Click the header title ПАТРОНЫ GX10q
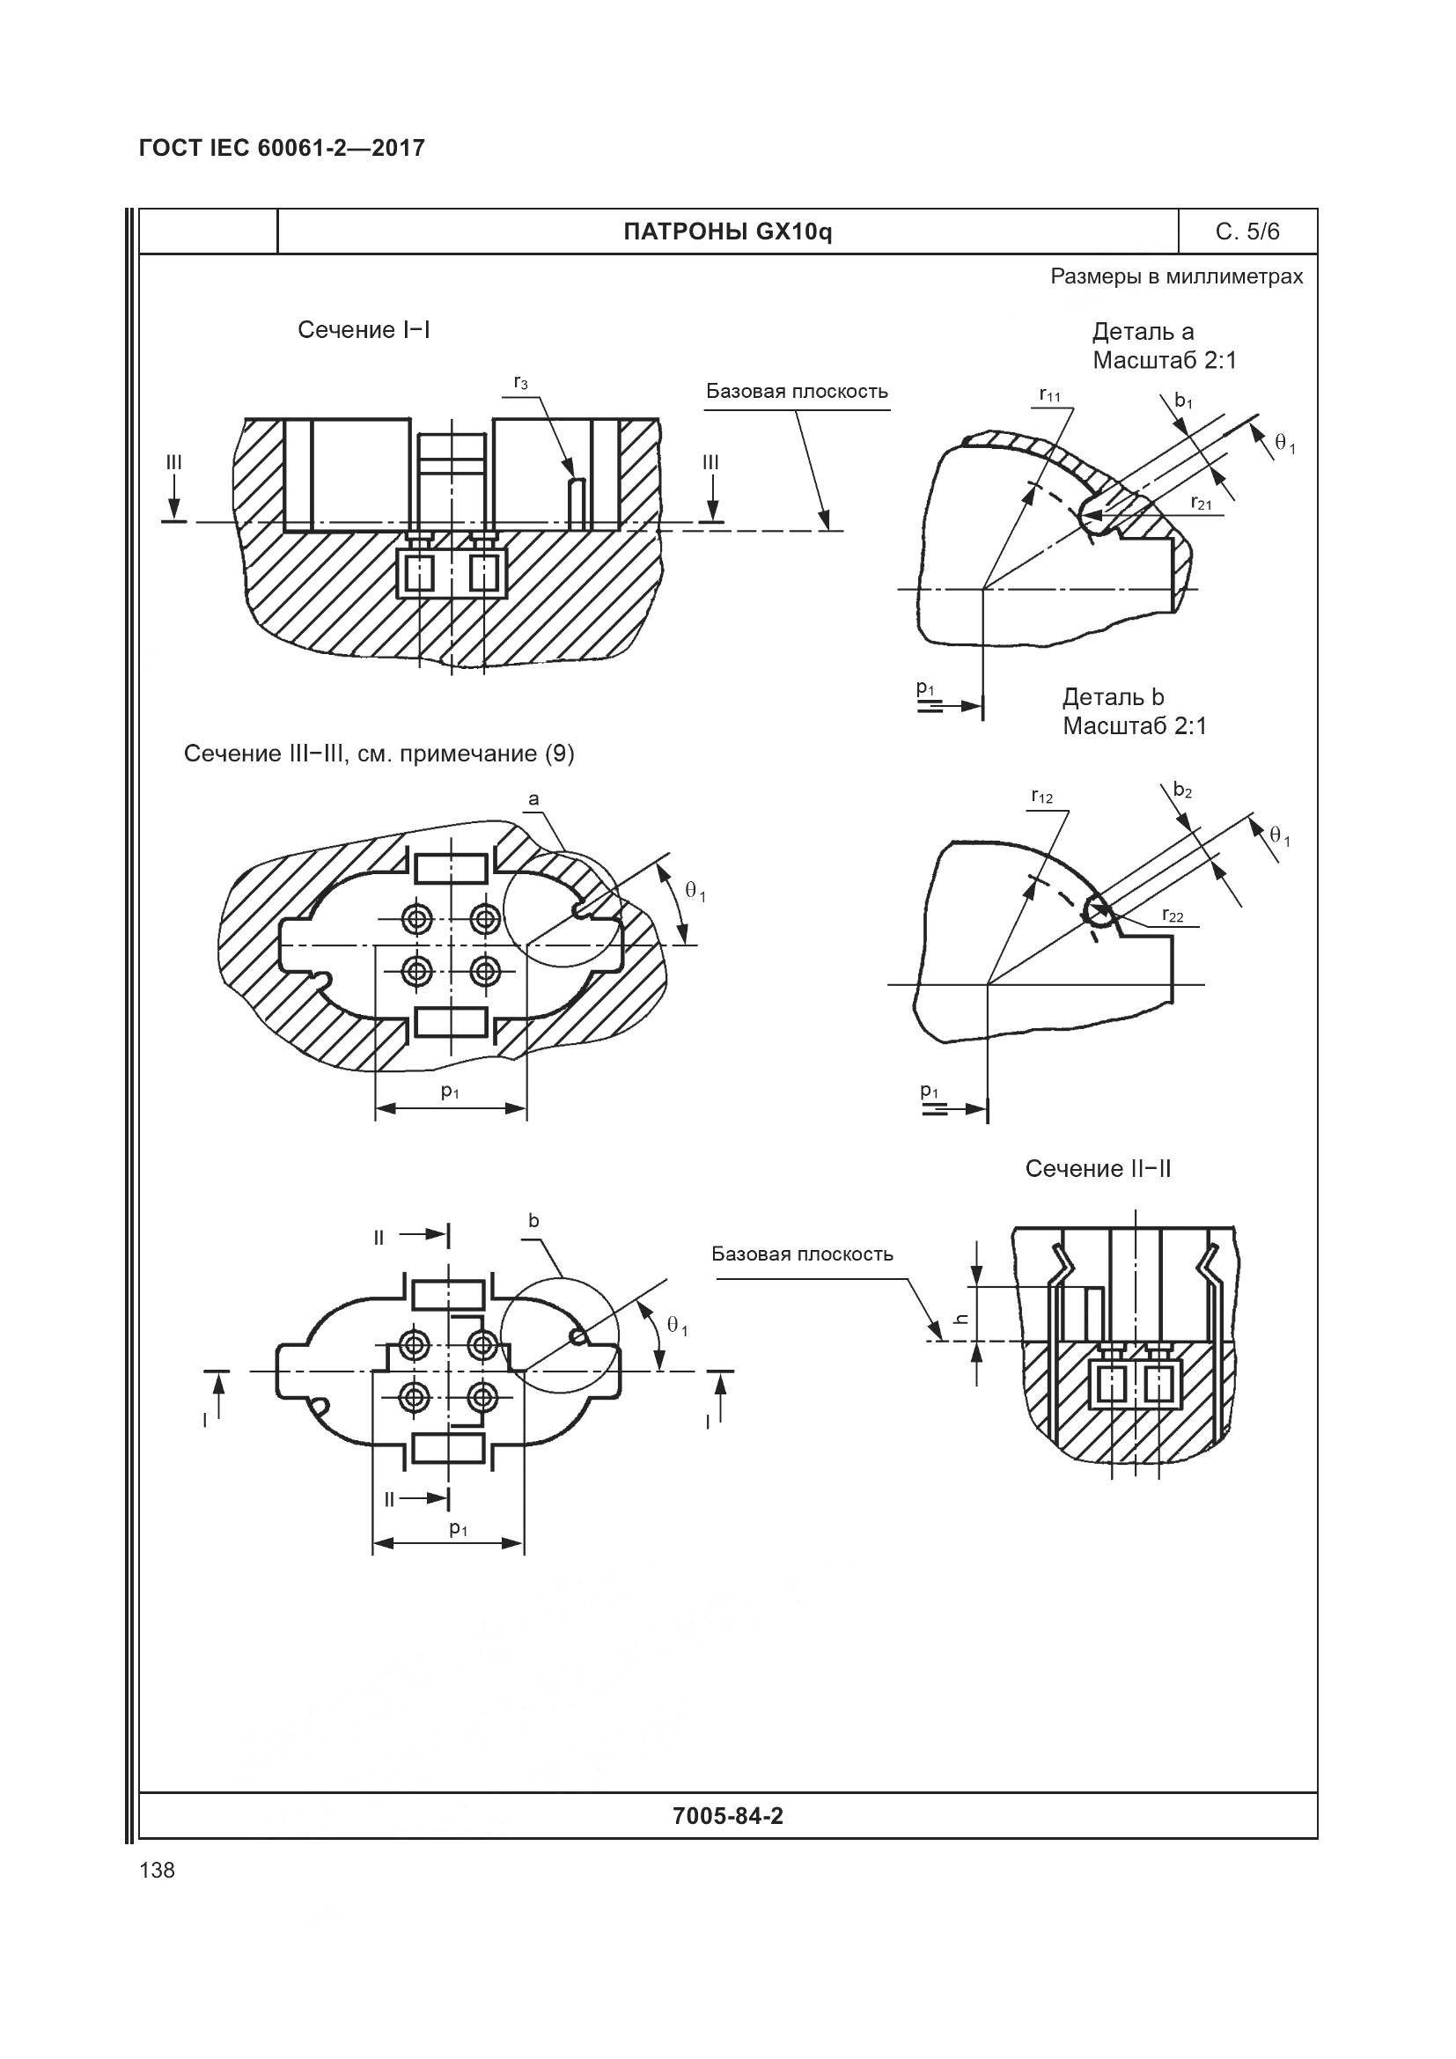pyautogui.click(x=727, y=232)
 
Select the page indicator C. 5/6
pyautogui.click(x=1247, y=232)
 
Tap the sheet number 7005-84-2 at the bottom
pyautogui.click(x=727, y=1816)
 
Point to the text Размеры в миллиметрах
pyautogui.click(x=1176, y=277)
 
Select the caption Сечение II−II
pyautogui.click(x=1098, y=1168)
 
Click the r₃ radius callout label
pyautogui.click(x=520, y=383)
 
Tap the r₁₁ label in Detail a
pyautogui.click(x=1049, y=394)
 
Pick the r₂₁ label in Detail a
pyautogui.click(x=1201, y=504)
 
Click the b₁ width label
pyautogui.click(x=1183, y=401)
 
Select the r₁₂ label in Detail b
pyautogui.click(x=1041, y=797)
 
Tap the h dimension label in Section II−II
pyautogui.click(x=960, y=1320)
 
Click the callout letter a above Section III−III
pyautogui.click(x=533, y=799)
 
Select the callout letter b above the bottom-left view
pyautogui.click(x=533, y=1220)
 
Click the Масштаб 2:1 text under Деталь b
pyautogui.click(x=1134, y=725)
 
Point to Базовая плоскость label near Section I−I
pyautogui.click(x=796, y=392)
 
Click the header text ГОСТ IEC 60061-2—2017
pyautogui.click(x=282, y=148)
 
